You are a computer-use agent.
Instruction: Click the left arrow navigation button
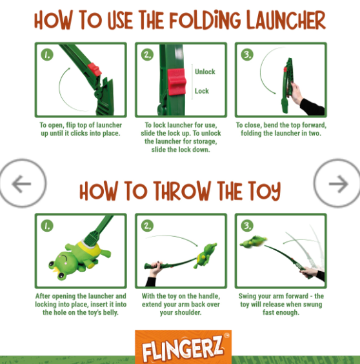23,183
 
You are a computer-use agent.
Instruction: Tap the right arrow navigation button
337,183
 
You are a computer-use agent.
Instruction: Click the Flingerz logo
183,347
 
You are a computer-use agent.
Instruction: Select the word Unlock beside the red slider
205,72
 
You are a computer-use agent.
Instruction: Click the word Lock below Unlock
202,91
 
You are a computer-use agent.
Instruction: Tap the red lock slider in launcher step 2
177,82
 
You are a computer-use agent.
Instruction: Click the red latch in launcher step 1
94,70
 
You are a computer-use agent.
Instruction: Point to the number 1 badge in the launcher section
47,55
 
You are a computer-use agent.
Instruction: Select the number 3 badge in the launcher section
247,55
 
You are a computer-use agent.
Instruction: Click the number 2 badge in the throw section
147,226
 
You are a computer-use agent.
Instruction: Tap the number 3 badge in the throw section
247,226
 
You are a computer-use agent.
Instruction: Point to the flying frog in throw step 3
254,242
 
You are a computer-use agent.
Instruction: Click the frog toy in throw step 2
205,256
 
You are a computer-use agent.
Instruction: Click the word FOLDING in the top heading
205,20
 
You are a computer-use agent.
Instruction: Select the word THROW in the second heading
182,191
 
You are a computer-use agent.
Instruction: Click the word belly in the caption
110,312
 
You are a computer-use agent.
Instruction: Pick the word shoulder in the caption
187,312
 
